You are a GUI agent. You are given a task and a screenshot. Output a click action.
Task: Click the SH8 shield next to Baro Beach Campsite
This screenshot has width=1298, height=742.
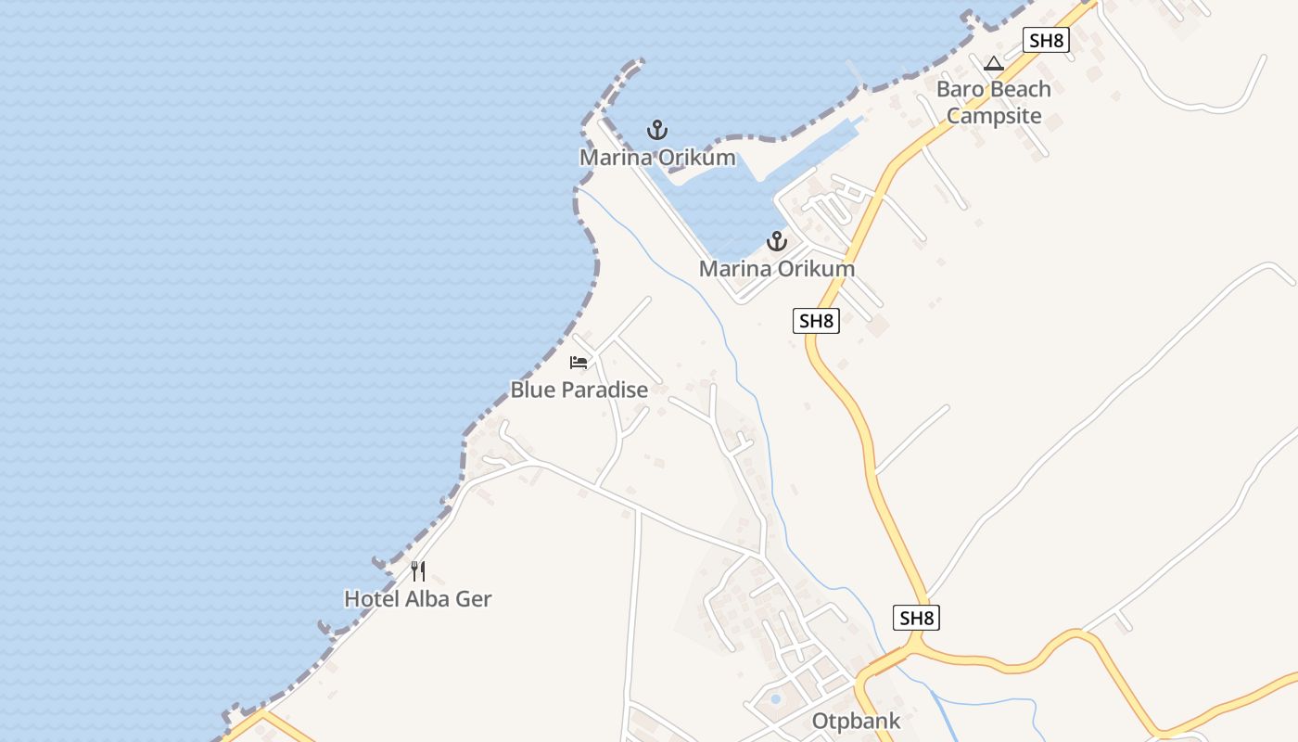(x=1046, y=40)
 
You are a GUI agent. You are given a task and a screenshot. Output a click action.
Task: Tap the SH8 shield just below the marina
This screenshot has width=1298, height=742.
(x=816, y=321)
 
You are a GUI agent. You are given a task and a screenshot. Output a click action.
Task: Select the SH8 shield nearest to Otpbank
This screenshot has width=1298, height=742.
(x=916, y=618)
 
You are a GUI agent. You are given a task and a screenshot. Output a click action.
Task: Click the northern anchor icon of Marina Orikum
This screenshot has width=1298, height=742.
(x=657, y=130)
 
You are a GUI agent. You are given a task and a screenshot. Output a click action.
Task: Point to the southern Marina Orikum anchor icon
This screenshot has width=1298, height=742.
(x=776, y=242)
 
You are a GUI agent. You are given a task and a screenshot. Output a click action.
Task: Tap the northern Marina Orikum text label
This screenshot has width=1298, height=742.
(x=657, y=158)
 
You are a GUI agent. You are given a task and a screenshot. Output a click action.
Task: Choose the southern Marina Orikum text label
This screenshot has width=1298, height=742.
(x=776, y=269)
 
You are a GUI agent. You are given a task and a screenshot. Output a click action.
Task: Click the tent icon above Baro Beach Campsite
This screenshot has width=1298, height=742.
(x=994, y=63)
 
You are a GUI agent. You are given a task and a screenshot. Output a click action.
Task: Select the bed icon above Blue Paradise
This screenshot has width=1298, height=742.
(x=579, y=362)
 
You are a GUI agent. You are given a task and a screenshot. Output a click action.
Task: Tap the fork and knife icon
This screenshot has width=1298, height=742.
(x=418, y=571)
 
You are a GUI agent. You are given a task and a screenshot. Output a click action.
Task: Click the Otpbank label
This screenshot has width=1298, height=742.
(x=856, y=721)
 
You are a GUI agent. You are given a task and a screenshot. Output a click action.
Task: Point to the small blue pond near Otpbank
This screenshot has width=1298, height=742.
(x=776, y=698)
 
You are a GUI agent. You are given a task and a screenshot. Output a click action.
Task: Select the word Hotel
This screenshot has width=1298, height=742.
(x=371, y=599)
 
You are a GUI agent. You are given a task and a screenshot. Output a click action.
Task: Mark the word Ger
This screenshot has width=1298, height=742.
(x=474, y=599)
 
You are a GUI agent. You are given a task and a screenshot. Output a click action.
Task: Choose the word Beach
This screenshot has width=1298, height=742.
(x=1019, y=89)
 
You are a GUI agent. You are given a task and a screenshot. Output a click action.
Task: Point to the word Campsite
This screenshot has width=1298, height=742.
(x=994, y=116)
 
